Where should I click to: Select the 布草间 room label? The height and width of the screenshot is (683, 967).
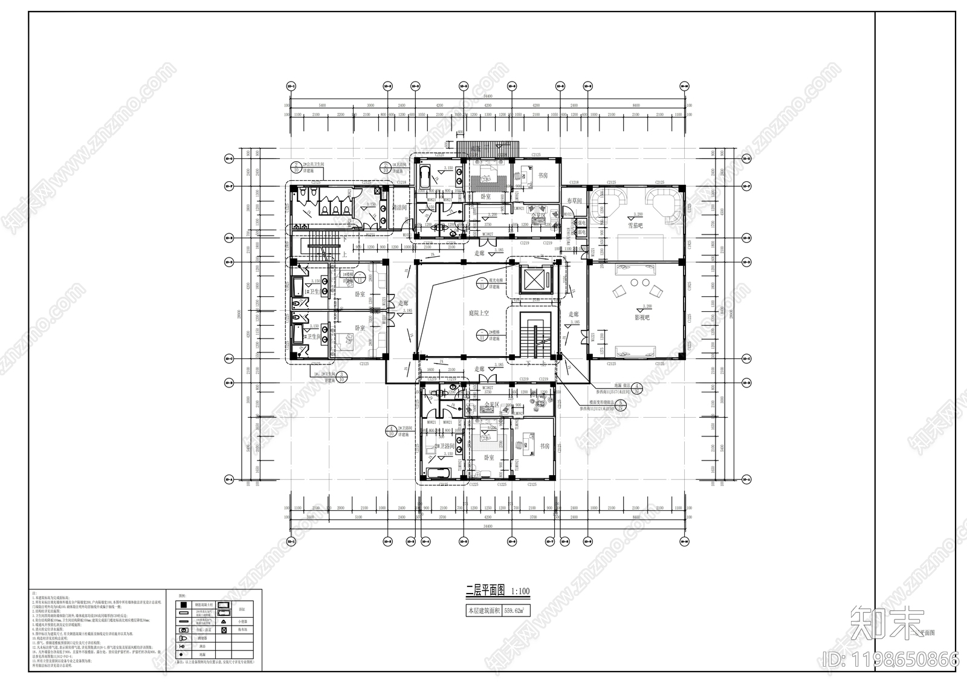574,201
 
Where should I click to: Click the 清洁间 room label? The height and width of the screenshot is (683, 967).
400,207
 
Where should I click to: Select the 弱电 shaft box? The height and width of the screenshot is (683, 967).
581,232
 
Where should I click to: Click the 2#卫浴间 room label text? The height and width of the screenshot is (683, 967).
447,447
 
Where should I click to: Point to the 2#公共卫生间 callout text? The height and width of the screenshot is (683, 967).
314,164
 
